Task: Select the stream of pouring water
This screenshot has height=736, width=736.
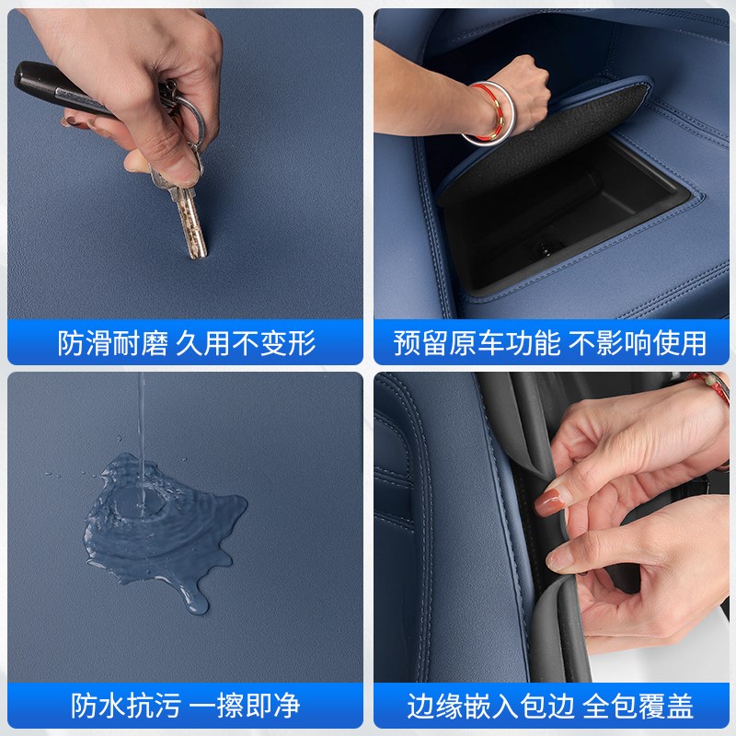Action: pyautogui.click(x=142, y=432)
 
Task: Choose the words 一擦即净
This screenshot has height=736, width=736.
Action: pyautogui.click(x=244, y=707)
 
